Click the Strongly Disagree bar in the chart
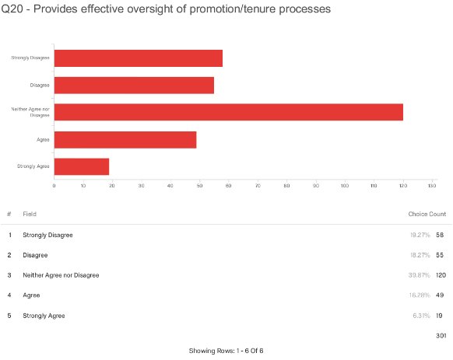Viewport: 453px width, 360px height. [x=138, y=58]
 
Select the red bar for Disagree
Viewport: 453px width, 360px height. [x=134, y=86]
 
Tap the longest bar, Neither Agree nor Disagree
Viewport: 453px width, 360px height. [x=228, y=112]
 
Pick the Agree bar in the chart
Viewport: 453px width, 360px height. [x=125, y=139]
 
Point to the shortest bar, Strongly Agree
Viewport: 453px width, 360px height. [x=81, y=166]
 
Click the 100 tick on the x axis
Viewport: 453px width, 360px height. [x=345, y=185]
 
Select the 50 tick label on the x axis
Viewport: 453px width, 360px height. [x=199, y=185]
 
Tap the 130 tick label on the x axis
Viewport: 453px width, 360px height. [x=432, y=185]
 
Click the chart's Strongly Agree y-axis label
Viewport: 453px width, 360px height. [x=34, y=166]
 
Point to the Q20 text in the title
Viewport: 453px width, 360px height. [x=13, y=9]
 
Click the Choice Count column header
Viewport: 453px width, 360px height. [x=427, y=214]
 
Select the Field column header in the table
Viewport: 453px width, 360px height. [x=30, y=214]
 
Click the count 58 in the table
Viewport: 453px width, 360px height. [x=441, y=235]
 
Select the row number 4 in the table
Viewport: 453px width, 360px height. [x=9, y=295]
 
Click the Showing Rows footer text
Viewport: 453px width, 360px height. [x=226, y=351]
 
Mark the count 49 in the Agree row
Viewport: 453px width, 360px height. [x=441, y=295]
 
